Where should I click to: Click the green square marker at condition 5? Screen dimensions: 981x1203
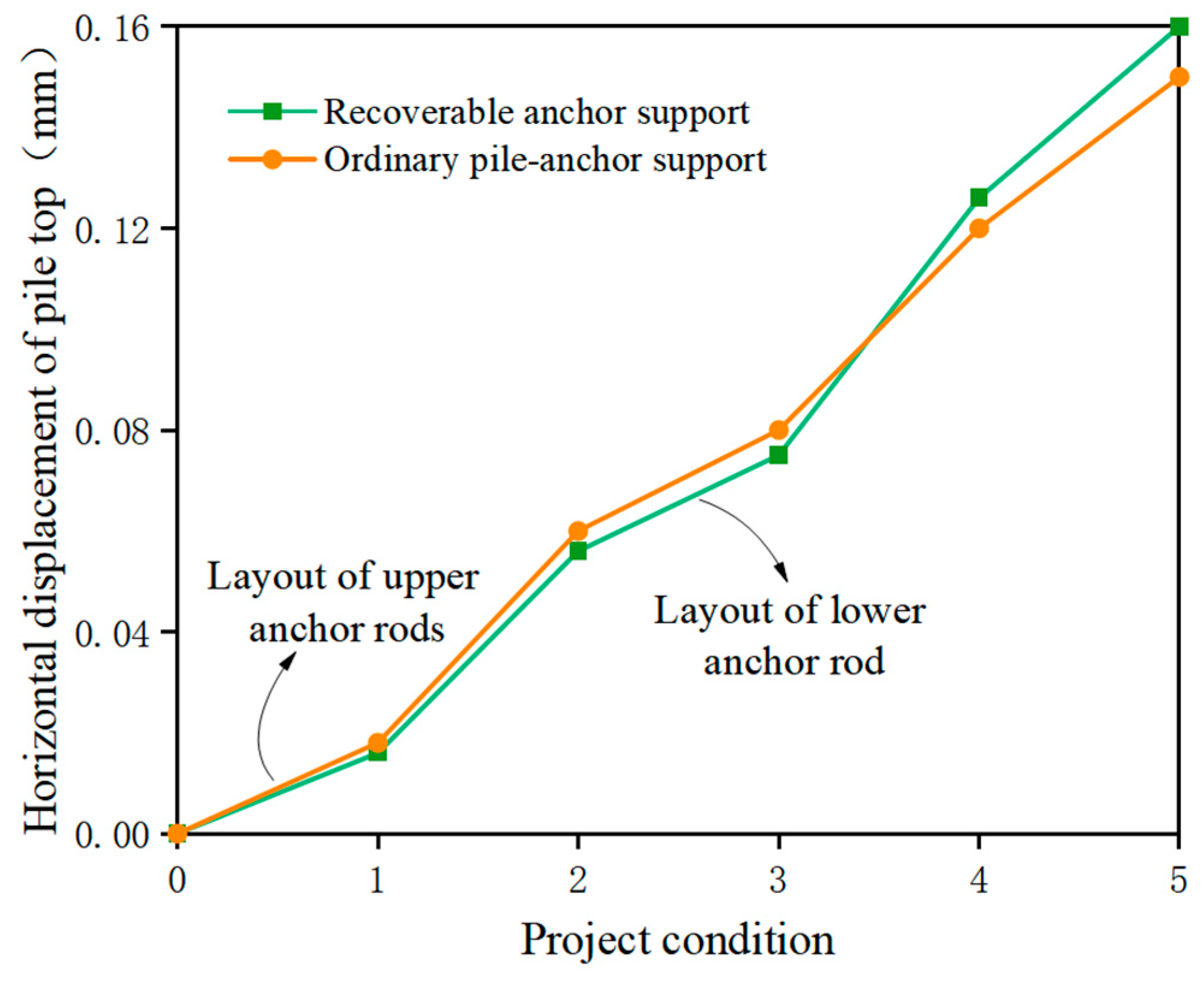tap(1179, 26)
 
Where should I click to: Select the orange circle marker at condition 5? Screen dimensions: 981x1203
tap(1179, 77)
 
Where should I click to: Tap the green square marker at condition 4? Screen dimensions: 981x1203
tap(979, 197)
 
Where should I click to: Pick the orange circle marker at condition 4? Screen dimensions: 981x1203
tap(979, 229)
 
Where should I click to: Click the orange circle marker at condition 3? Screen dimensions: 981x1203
tap(779, 430)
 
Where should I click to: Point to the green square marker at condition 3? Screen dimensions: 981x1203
tap(779, 455)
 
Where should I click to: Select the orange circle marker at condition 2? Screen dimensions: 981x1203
tap(578, 531)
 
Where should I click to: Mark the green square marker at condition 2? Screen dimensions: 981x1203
tap(578, 551)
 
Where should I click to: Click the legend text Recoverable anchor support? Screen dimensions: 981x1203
tap(536, 112)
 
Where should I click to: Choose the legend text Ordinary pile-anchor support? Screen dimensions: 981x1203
tap(545, 160)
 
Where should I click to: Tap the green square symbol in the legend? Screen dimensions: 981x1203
tap(272, 111)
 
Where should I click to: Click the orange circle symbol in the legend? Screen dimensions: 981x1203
tap(272, 159)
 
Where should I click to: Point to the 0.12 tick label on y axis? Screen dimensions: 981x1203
tap(111, 229)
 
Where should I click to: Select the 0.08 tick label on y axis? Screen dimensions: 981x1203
tap(111, 431)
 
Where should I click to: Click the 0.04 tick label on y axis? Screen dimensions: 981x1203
tap(111, 633)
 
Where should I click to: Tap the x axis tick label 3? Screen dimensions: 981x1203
tap(779, 881)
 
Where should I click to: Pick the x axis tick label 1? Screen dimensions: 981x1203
tap(377, 881)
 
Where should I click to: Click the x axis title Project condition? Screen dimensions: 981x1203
tap(677, 939)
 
